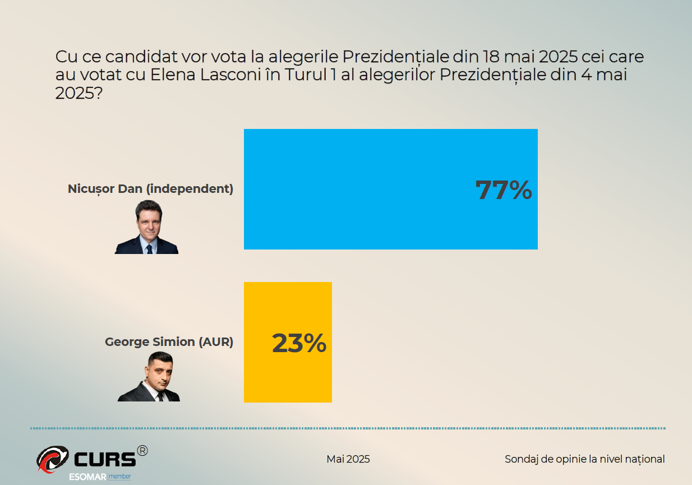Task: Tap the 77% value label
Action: pyautogui.click(x=503, y=191)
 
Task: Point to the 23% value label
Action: pyautogui.click(x=299, y=344)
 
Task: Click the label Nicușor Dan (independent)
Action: pyautogui.click(x=150, y=188)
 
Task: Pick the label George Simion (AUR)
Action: pyautogui.click(x=169, y=341)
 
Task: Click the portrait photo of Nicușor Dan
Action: pyautogui.click(x=147, y=228)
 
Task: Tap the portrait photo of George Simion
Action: pyautogui.click(x=149, y=377)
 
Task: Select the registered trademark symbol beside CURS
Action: pyautogui.click(x=142, y=450)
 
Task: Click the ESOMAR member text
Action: pyautogui.click(x=100, y=477)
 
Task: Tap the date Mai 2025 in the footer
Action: pyautogui.click(x=348, y=459)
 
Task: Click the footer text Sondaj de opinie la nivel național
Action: pyautogui.click(x=584, y=459)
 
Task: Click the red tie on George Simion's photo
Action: pyautogui.click(x=160, y=396)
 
